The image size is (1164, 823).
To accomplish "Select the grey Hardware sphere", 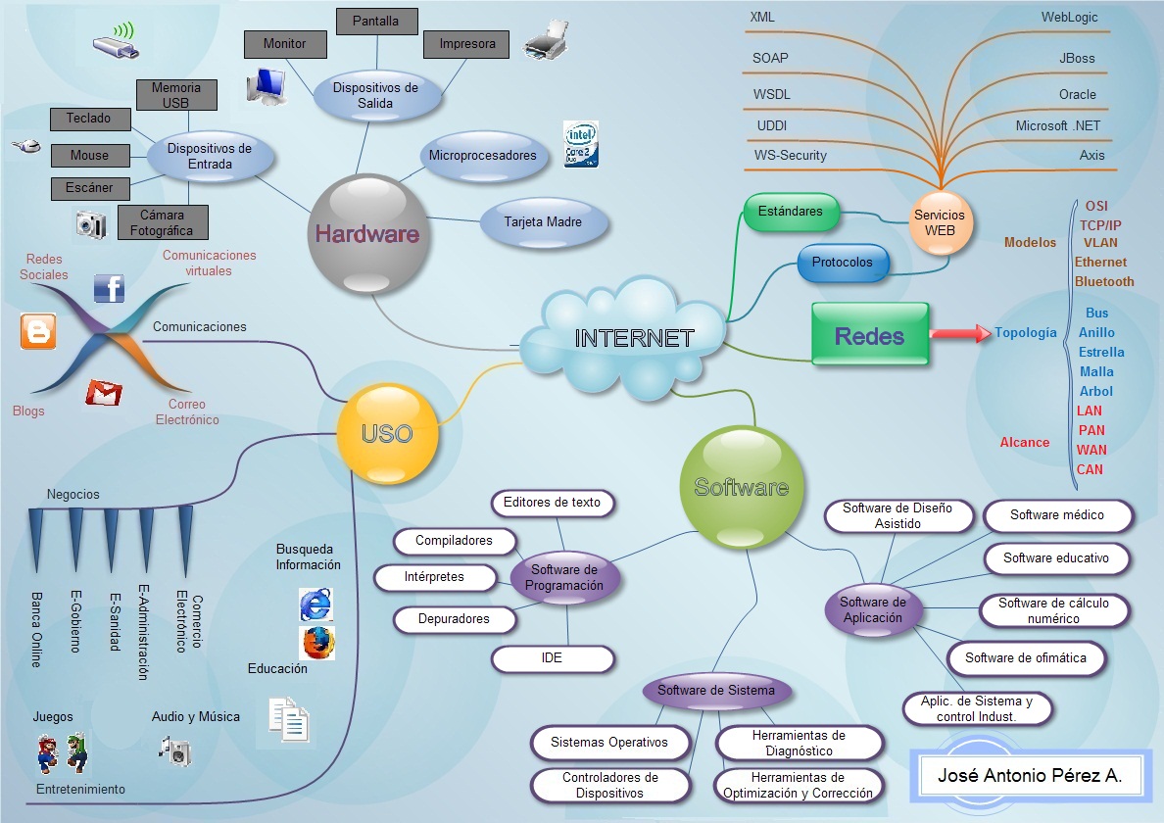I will point(368,233).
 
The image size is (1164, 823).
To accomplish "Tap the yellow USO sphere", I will point(387,433).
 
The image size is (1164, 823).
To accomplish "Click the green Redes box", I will point(870,334).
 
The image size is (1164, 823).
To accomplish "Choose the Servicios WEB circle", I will point(939,221).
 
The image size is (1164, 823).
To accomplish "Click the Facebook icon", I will point(109,288).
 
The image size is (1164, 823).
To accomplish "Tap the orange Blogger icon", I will point(38,331).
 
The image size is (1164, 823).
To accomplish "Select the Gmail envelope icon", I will point(104,393).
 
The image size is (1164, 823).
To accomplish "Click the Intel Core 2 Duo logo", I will point(581,144).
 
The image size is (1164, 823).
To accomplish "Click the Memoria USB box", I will point(176,95).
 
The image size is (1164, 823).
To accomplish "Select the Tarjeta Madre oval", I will point(543,222).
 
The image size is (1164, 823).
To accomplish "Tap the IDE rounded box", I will point(552,658).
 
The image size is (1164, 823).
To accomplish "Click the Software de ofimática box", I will point(1026,658).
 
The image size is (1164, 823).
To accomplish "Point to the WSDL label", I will point(771,95).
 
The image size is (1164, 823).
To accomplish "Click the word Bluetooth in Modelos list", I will point(1104,281).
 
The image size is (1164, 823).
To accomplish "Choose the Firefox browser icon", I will point(316,642).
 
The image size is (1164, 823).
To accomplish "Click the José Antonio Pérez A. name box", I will point(1029,776).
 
